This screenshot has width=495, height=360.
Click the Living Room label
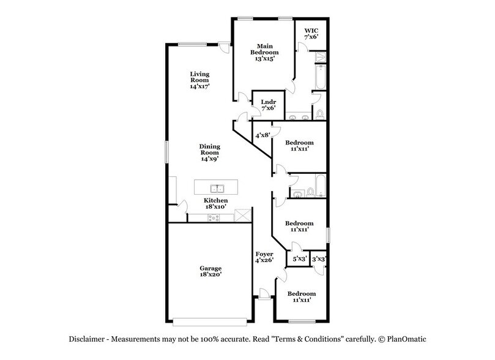[x=199, y=80]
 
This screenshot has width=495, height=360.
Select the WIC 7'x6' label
[x=311, y=33]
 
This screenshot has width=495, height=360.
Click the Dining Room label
[x=209, y=152]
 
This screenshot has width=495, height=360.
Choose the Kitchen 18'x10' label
[x=215, y=204]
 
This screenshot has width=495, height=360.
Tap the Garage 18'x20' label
[x=210, y=272]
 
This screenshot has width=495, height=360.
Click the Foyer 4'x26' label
[x=264, y=257]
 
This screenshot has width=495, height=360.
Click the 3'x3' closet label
[x=319, y=259]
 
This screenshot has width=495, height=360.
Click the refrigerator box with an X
[x=244, y=217]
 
